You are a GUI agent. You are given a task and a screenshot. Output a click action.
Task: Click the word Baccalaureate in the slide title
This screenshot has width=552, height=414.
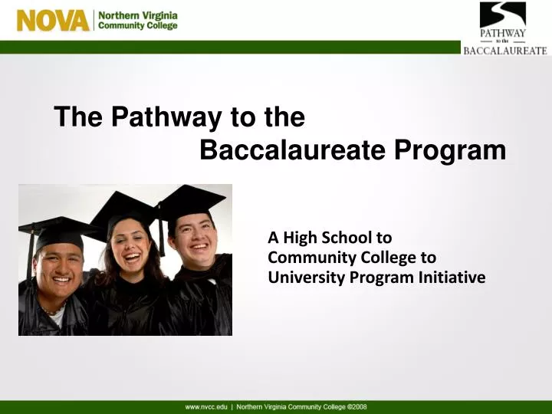click(x=293, y=151)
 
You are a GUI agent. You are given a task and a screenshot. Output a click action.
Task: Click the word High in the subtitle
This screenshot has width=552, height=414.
click(x=297, y=238)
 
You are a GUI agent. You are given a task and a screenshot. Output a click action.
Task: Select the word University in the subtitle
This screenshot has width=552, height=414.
click(x=304, y=278)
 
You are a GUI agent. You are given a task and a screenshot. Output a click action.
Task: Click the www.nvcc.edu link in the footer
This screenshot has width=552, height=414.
click(x=206, y=406)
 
